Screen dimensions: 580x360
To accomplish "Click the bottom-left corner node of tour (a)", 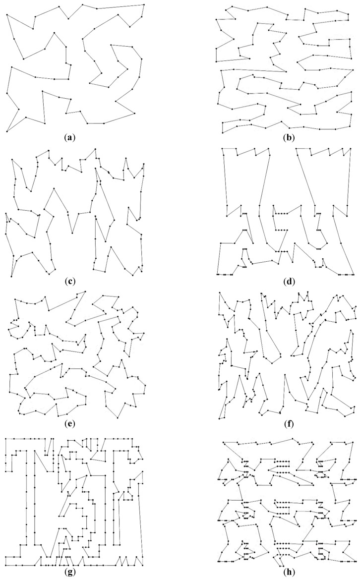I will [7, 131].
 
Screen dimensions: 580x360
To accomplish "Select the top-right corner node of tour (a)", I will [144, 4].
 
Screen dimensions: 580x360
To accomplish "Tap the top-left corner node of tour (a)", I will [7, 14].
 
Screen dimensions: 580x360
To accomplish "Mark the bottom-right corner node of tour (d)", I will [354, 274].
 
